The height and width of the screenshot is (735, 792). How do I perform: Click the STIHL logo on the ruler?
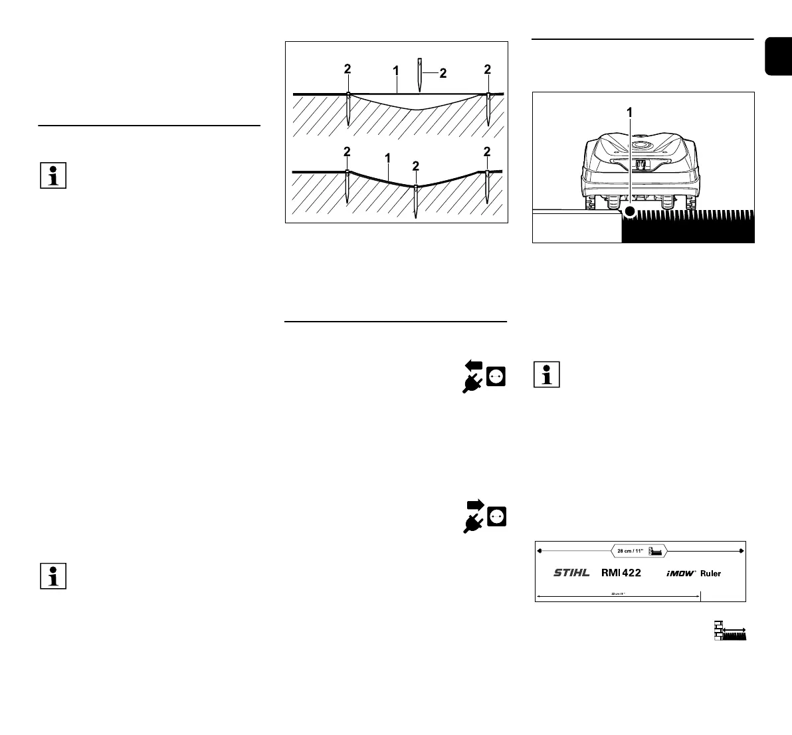tap(571, 573)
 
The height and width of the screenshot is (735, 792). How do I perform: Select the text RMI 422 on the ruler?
tap(621, 573)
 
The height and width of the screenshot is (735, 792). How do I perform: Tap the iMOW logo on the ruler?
tap(680, 573)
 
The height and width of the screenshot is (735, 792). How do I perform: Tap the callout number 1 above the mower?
tap(629, 113)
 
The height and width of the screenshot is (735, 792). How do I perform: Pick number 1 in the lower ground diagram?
tap(387, 158)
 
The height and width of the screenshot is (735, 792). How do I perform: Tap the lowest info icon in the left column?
tap(53, 576)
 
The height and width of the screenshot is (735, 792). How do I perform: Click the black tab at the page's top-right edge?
tap(778, 57)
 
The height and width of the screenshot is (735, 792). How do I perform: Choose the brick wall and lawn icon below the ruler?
tap(729, 631)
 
